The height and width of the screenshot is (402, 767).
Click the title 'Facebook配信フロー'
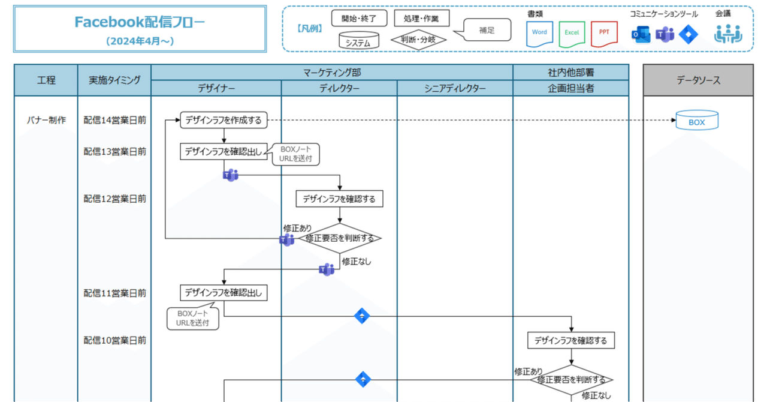tap(140, 22)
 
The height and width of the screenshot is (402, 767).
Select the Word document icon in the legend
tap(539, 34)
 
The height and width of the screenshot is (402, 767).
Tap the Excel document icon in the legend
tap(572, 34)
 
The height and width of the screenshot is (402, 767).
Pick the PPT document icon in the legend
tap(604, 34)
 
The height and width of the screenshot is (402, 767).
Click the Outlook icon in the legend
tap(640, 35)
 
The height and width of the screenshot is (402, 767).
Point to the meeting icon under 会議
tap(727, 34)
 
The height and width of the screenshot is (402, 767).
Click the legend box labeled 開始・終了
tap(360, 19)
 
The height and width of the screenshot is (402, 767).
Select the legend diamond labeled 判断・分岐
tap(419, 40)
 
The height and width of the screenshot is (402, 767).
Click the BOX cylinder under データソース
tap(697, 121)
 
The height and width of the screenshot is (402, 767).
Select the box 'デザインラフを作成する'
tap(224, 120)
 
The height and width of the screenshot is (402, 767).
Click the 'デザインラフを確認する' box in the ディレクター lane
tap(339, 199)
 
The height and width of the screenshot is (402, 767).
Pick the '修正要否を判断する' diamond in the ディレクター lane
tap(340, 238)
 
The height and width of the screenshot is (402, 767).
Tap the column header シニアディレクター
tap(455, 89)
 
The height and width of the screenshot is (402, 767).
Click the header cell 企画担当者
tap(570, 89)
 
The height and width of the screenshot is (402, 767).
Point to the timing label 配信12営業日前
tap(115, 199)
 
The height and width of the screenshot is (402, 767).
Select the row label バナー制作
tap(46, 120)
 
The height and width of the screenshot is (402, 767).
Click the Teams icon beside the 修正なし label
tap(327, 269)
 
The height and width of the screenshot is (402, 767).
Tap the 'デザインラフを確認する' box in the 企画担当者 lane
tap(570, 341)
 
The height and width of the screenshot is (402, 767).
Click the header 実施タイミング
tap(115, 80)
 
